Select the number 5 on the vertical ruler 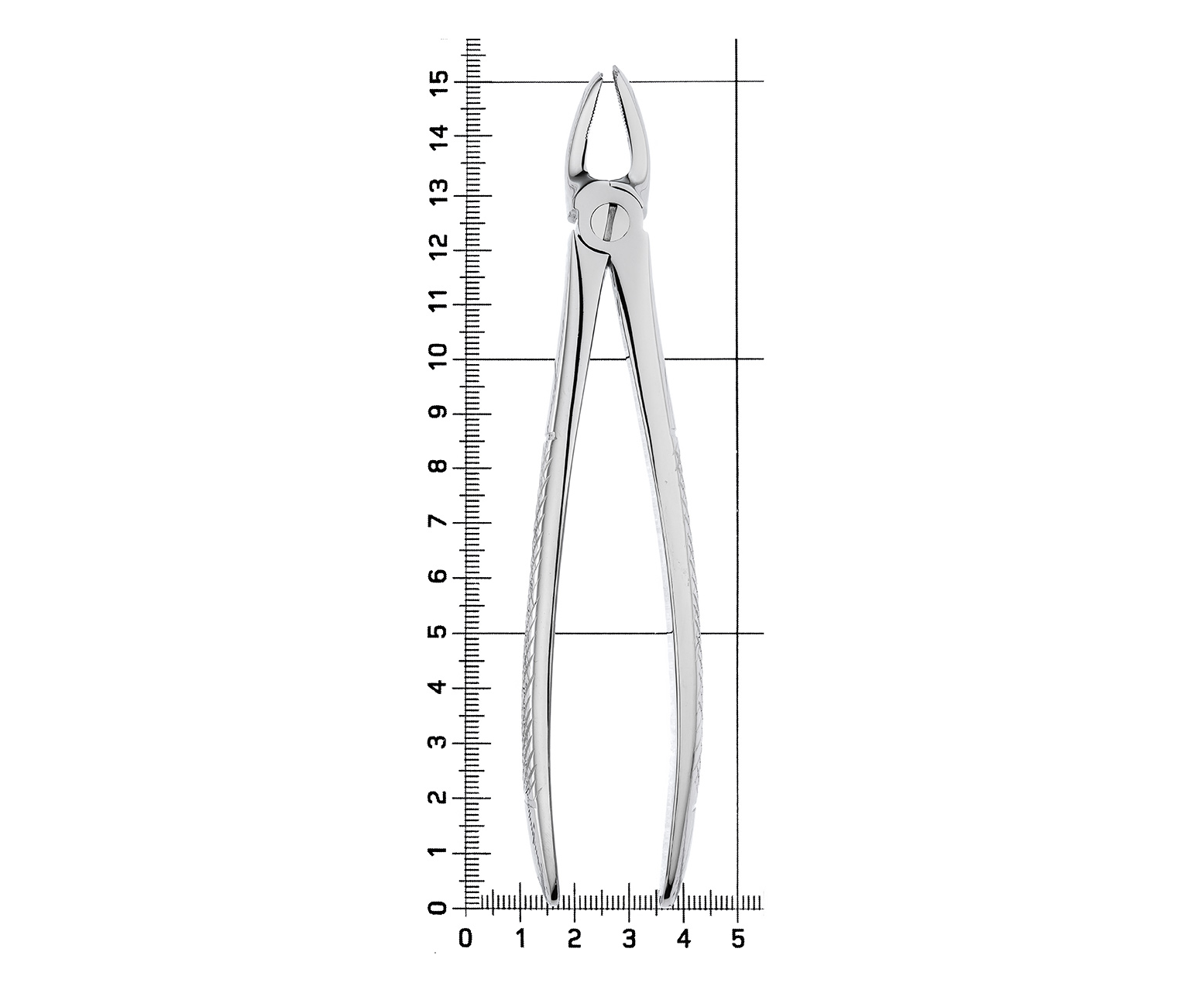(x=439, y=633)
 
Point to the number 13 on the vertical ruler (x=439, y=193)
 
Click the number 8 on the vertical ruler (x=439, y=467)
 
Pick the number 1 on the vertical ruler (x=439, y=853)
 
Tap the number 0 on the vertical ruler (x=439, y=908)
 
